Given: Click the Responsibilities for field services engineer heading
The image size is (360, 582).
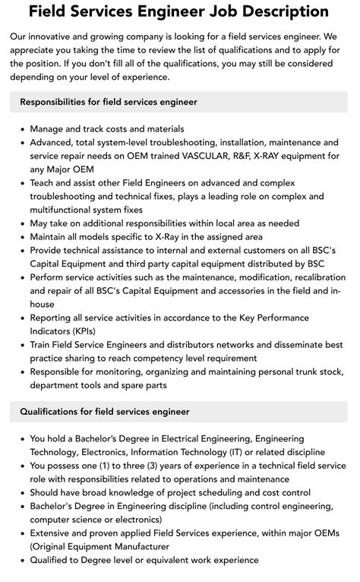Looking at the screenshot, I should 109,102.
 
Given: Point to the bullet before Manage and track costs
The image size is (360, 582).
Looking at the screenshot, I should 22,130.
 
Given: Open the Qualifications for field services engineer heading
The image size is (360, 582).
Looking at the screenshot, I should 105,411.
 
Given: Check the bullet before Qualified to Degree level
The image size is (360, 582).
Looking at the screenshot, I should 22,560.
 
